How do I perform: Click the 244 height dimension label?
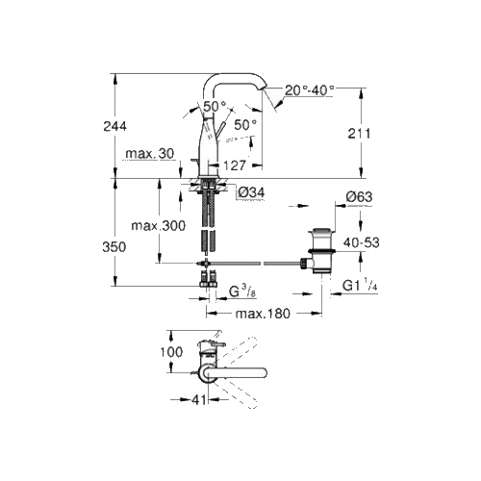114,126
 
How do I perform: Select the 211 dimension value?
359,134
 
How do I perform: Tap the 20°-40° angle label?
310,90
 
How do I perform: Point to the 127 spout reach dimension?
235,165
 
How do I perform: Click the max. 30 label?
150,154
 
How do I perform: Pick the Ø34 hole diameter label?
252,192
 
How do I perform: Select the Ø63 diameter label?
359,196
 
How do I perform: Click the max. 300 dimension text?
159,226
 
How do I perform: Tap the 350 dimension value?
114,247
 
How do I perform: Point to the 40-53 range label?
361,242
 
